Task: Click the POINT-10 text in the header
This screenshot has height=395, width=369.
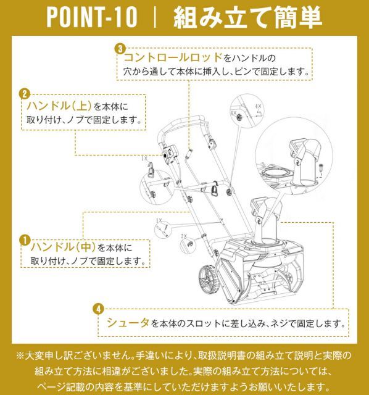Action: click(x=91, y=18)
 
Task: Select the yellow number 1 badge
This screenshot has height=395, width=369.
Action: click(x=25, y=238)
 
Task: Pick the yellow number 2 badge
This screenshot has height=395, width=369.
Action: click(x=25, y=94)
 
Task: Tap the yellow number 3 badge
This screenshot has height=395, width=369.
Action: click(x=121, y=48)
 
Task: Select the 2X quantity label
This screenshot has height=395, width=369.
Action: click(x=183, y=236)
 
